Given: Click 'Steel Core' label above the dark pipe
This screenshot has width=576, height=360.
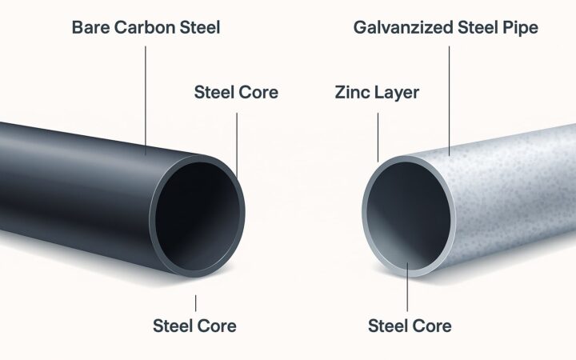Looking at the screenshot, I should coord(236,93).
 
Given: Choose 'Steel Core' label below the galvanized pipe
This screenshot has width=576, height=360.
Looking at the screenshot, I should coord(409,326).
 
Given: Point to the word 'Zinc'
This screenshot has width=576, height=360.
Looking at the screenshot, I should coord(349,93).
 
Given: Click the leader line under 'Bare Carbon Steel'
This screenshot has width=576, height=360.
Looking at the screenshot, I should coord(146,96).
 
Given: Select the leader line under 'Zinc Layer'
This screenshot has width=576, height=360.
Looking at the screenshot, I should coord(378,136).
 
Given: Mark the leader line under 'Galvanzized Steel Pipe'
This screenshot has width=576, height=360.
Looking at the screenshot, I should coord(450,96).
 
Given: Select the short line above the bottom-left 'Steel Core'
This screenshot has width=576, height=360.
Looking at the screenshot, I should coord(194,303).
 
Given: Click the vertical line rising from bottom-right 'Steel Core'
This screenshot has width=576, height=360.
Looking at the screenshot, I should coord(409,288).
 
